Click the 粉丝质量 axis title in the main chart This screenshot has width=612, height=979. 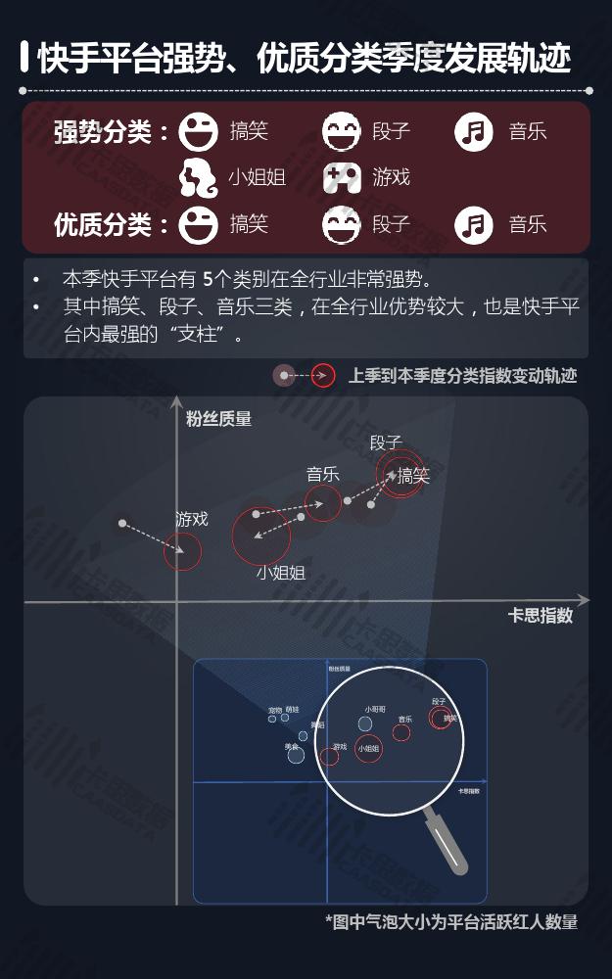coord(218,419)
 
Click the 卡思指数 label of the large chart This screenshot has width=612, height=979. coord(540,616)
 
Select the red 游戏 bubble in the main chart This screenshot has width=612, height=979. coord(183,551)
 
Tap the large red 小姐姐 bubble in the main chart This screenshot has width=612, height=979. coord(261,536)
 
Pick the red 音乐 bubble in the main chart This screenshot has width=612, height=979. coord(323,503)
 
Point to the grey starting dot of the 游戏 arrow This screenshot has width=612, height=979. coord(122,523)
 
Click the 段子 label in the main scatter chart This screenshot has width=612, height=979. coord(386,443)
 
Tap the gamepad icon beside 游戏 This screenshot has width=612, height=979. coord(342,177)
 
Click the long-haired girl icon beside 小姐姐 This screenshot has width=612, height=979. coord(199,177)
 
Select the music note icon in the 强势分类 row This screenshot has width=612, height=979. coord(474,131)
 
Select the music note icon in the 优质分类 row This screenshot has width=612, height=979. coord(474,225)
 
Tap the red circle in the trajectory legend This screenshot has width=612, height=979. coord(323,376)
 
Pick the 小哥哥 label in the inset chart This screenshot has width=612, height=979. coord(375,709)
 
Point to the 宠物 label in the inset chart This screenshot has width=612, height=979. coord(274,710)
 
